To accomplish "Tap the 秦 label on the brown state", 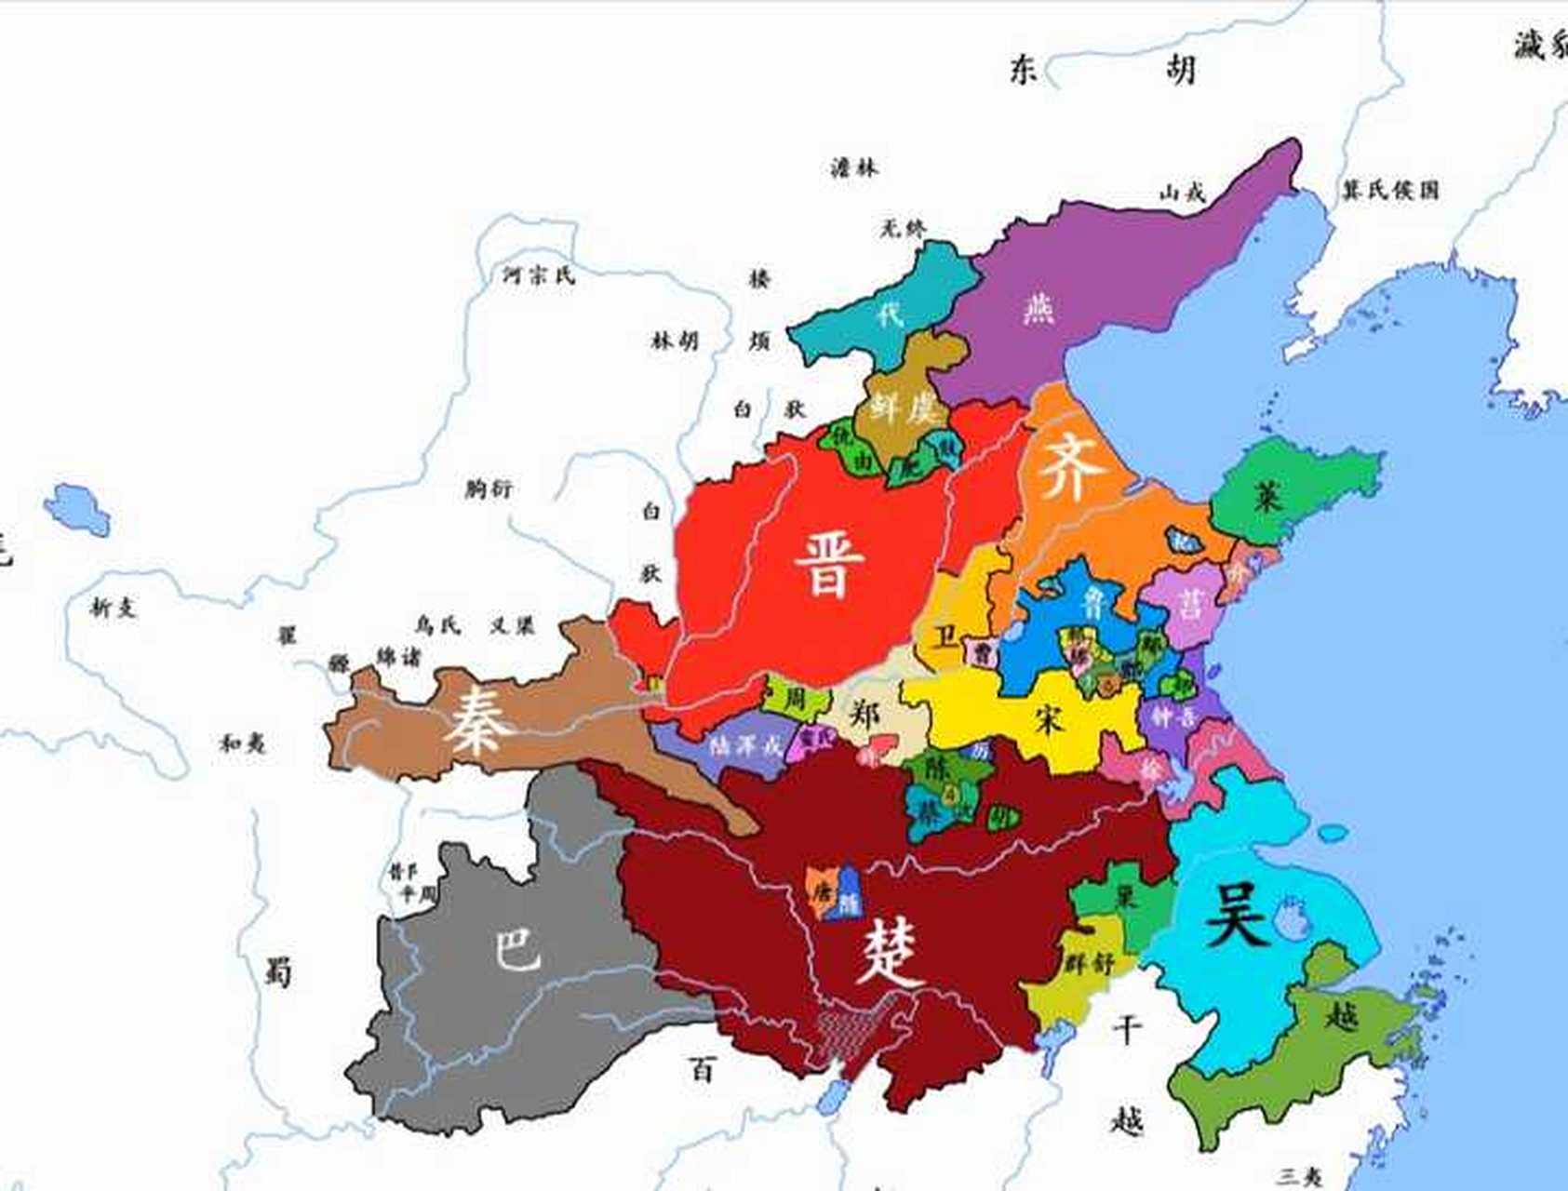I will [478, 721].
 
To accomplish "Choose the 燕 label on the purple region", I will [1038, 308].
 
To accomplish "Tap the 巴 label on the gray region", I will [516, 949].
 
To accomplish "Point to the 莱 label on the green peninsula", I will [1267, 497].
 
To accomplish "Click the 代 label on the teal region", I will [890, 314].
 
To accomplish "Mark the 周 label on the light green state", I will [794, 698].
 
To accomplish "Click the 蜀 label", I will [277, 971].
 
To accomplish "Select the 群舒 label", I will [1090, 963].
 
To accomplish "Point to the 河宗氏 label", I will [539, 275].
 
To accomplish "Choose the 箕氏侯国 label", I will [1389, 191].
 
